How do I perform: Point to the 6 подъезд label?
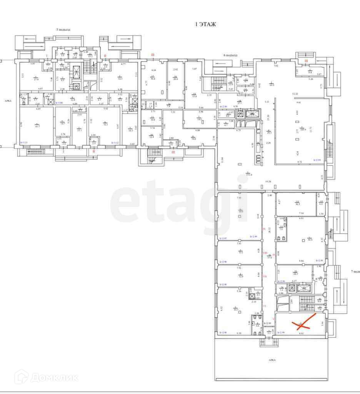231,55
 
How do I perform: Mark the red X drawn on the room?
304,322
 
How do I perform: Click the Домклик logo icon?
22,377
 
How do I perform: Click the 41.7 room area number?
37,125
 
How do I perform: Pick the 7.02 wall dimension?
275,66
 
